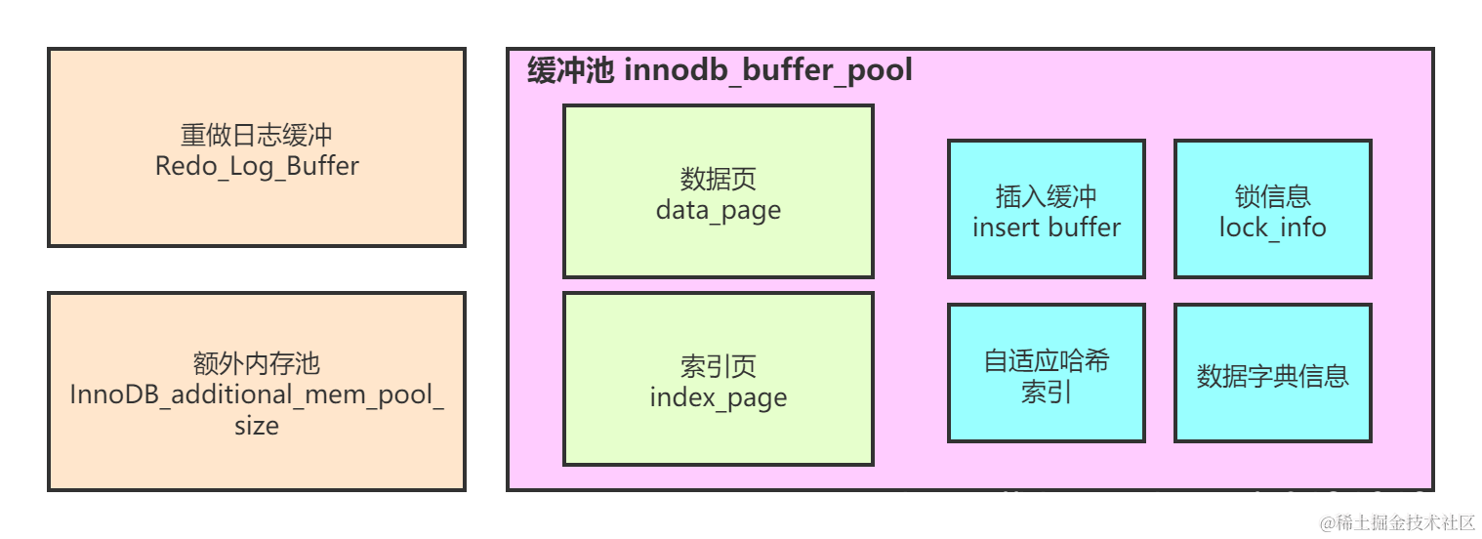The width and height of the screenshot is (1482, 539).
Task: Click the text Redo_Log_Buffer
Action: (x=257, y=166)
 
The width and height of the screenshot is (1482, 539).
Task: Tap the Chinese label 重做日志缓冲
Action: (x=257, y=135)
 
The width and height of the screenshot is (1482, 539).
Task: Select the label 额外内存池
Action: (x=257, y=364)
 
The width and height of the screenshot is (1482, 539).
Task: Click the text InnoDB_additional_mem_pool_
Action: (x=257, y=394)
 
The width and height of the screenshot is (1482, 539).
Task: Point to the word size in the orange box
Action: (x=257, y=426)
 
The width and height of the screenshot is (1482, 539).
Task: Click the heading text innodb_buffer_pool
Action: (x=767, y=70)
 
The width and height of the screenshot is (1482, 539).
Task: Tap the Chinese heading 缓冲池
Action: (x=570, y=70)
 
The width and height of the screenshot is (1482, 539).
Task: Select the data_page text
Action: (x=718, y=210)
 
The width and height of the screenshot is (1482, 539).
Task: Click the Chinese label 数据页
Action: (x=718, y=179)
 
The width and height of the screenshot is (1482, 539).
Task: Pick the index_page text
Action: (x=718, y=397)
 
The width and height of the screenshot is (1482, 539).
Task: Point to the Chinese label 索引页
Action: (x=718, y=366)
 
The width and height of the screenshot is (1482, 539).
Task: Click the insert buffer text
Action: (x=1046, y=228)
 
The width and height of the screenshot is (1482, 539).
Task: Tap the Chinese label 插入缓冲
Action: (x=1046, y=196)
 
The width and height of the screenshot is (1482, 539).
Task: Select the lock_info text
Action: (x=1272, y=228)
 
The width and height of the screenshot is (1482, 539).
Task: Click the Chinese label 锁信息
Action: (x=1272, y=196)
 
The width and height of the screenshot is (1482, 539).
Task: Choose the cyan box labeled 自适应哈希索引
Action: (x=1046, y=374)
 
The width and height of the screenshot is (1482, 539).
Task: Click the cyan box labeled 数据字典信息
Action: (x=1272, y=374)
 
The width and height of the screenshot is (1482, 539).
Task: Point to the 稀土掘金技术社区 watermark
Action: (x=1395, y=521)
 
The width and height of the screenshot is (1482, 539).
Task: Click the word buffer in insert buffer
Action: (x=1084, y=228)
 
